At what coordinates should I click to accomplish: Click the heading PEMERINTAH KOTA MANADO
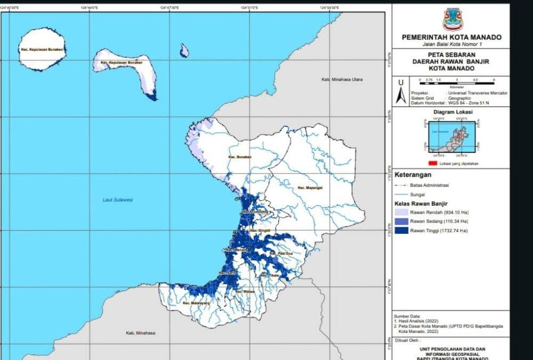coord(451,37)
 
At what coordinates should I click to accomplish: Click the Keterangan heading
coord(413,175)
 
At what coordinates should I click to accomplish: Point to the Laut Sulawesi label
coord(117,200)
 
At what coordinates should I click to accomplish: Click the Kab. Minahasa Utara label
coord(342,79)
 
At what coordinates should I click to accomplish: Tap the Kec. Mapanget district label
coord(310,188)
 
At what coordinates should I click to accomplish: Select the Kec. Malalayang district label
coord(194,303)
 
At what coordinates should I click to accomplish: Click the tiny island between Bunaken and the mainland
coord(184,51)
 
